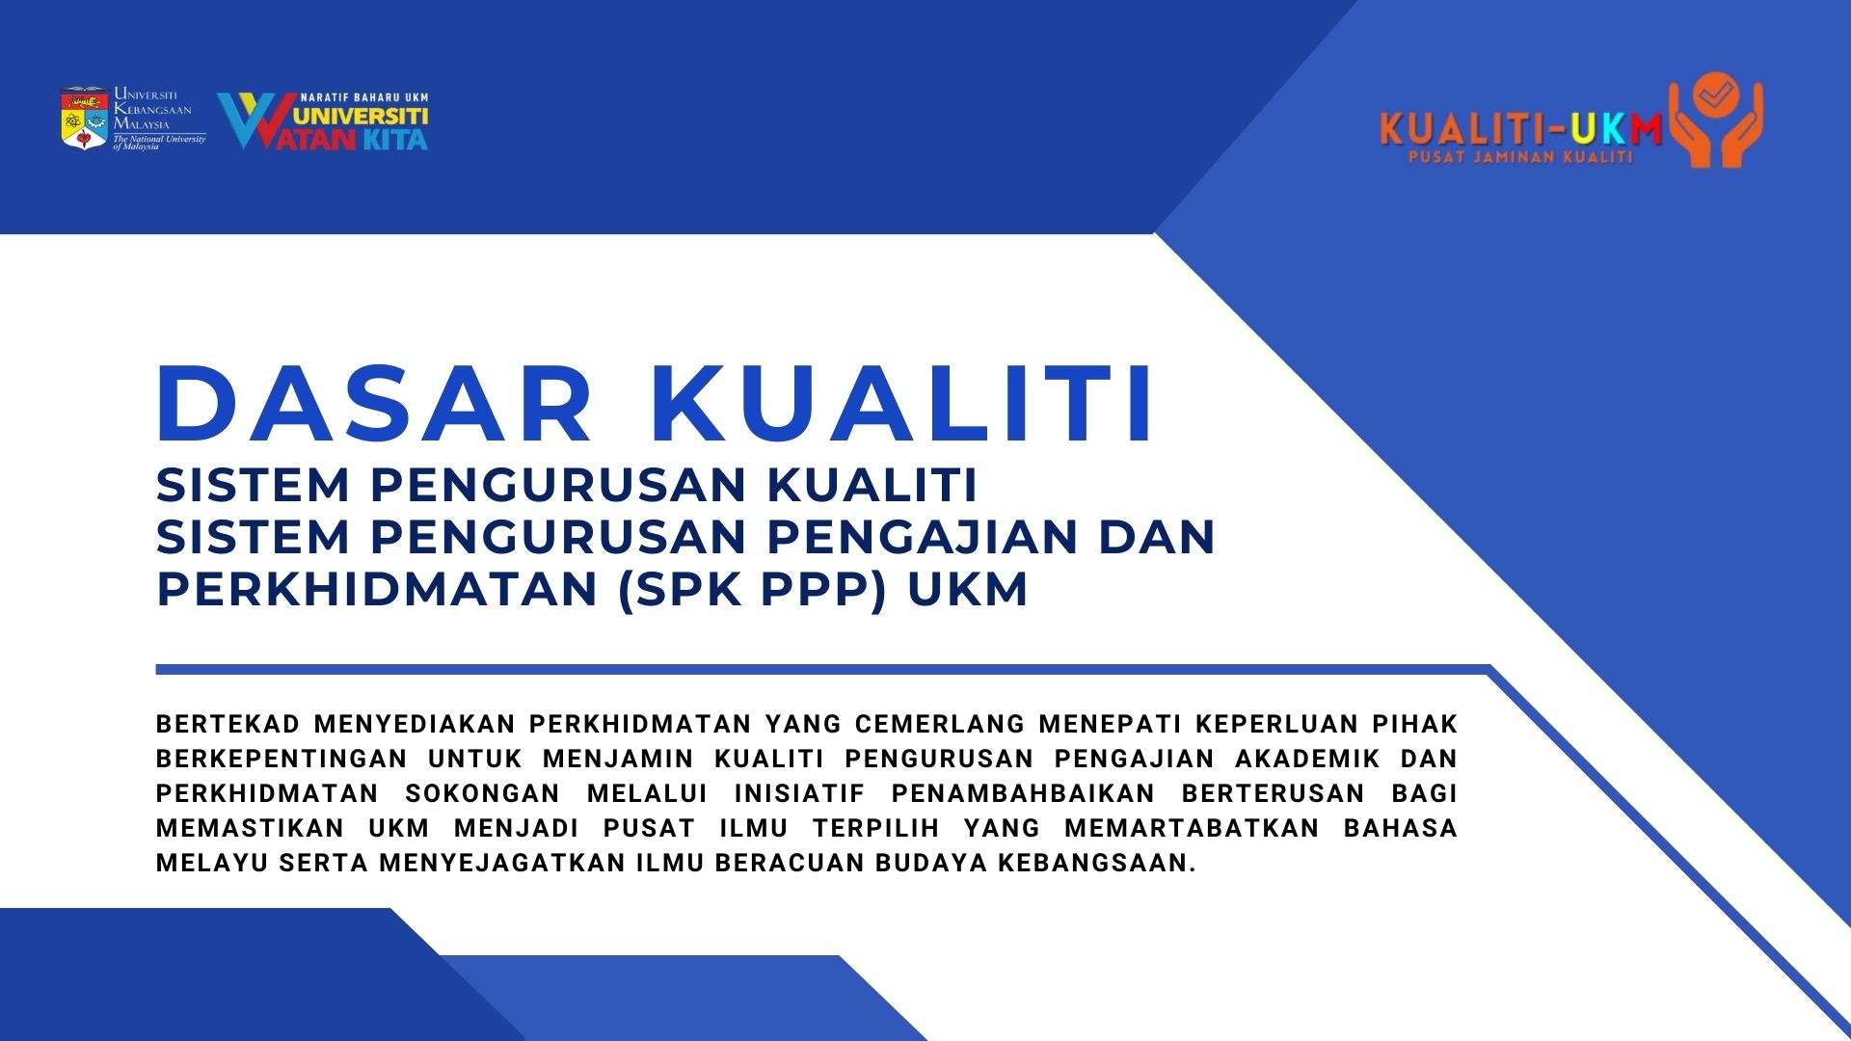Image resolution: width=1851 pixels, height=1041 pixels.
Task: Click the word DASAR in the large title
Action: tap(375, 405)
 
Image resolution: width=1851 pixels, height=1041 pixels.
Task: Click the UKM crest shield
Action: tap(85, 119)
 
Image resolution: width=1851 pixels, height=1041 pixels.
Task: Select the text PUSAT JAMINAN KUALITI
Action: tap(1520, 156)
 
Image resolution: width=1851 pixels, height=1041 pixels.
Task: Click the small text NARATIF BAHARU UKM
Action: tap(364, 97)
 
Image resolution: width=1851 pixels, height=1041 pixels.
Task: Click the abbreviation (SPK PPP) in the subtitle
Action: tap(752, 589)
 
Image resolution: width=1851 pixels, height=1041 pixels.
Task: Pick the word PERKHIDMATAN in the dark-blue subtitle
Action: tap(377, 589)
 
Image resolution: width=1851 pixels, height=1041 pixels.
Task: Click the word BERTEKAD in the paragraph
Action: tap(228, 724)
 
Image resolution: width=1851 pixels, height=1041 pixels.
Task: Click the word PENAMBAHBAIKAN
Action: tap(1023, 793)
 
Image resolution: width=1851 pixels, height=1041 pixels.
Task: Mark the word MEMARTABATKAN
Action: tap(1192, 828)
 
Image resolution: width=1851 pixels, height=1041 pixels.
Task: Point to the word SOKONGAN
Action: tap(482, 793)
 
